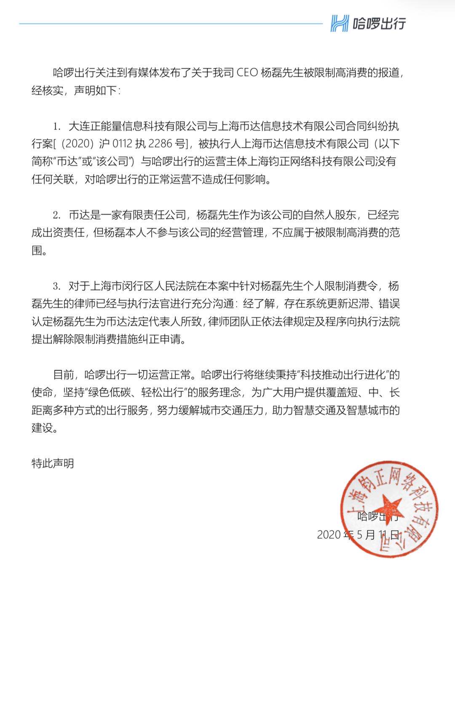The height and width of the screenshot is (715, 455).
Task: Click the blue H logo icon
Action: [x=340, y=23]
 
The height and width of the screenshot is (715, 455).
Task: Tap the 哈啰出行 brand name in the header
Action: [x=379, y=23]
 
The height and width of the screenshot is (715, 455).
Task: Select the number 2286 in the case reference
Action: [x=161, y=144]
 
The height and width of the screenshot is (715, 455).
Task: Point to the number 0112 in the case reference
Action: [x=122, y=144]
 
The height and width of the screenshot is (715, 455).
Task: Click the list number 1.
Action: [x=56, y=126]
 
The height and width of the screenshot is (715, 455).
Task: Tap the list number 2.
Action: [x=56, y=215]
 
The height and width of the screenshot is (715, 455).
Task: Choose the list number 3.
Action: [x=56, y=286]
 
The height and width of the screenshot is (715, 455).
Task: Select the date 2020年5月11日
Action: [x=358, y=535]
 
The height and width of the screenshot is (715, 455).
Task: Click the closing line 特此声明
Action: [x=53, y=463]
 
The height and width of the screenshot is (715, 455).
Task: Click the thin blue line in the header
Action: [x=169, y=24]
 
